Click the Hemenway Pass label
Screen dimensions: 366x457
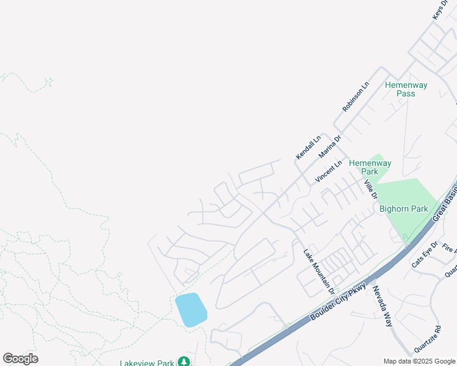(x=406, y=89)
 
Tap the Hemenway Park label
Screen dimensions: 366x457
(x=370, y=167)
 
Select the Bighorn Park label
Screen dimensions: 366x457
(x=404, y=209)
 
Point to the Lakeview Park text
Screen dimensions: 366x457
(x=147, y=363)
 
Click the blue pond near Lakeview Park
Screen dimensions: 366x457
(x=191, y=309)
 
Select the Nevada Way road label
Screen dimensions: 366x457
(x=382, y=306)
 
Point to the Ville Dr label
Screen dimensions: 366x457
(x=370, y=189)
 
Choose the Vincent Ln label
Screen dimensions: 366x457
(x=328, y=171)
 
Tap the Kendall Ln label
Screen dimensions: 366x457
(x=309, y=148)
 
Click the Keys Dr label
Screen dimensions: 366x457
(x=441, y=9)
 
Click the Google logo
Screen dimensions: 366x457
(x=20, y=359)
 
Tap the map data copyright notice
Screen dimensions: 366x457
(x=420, y=361)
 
